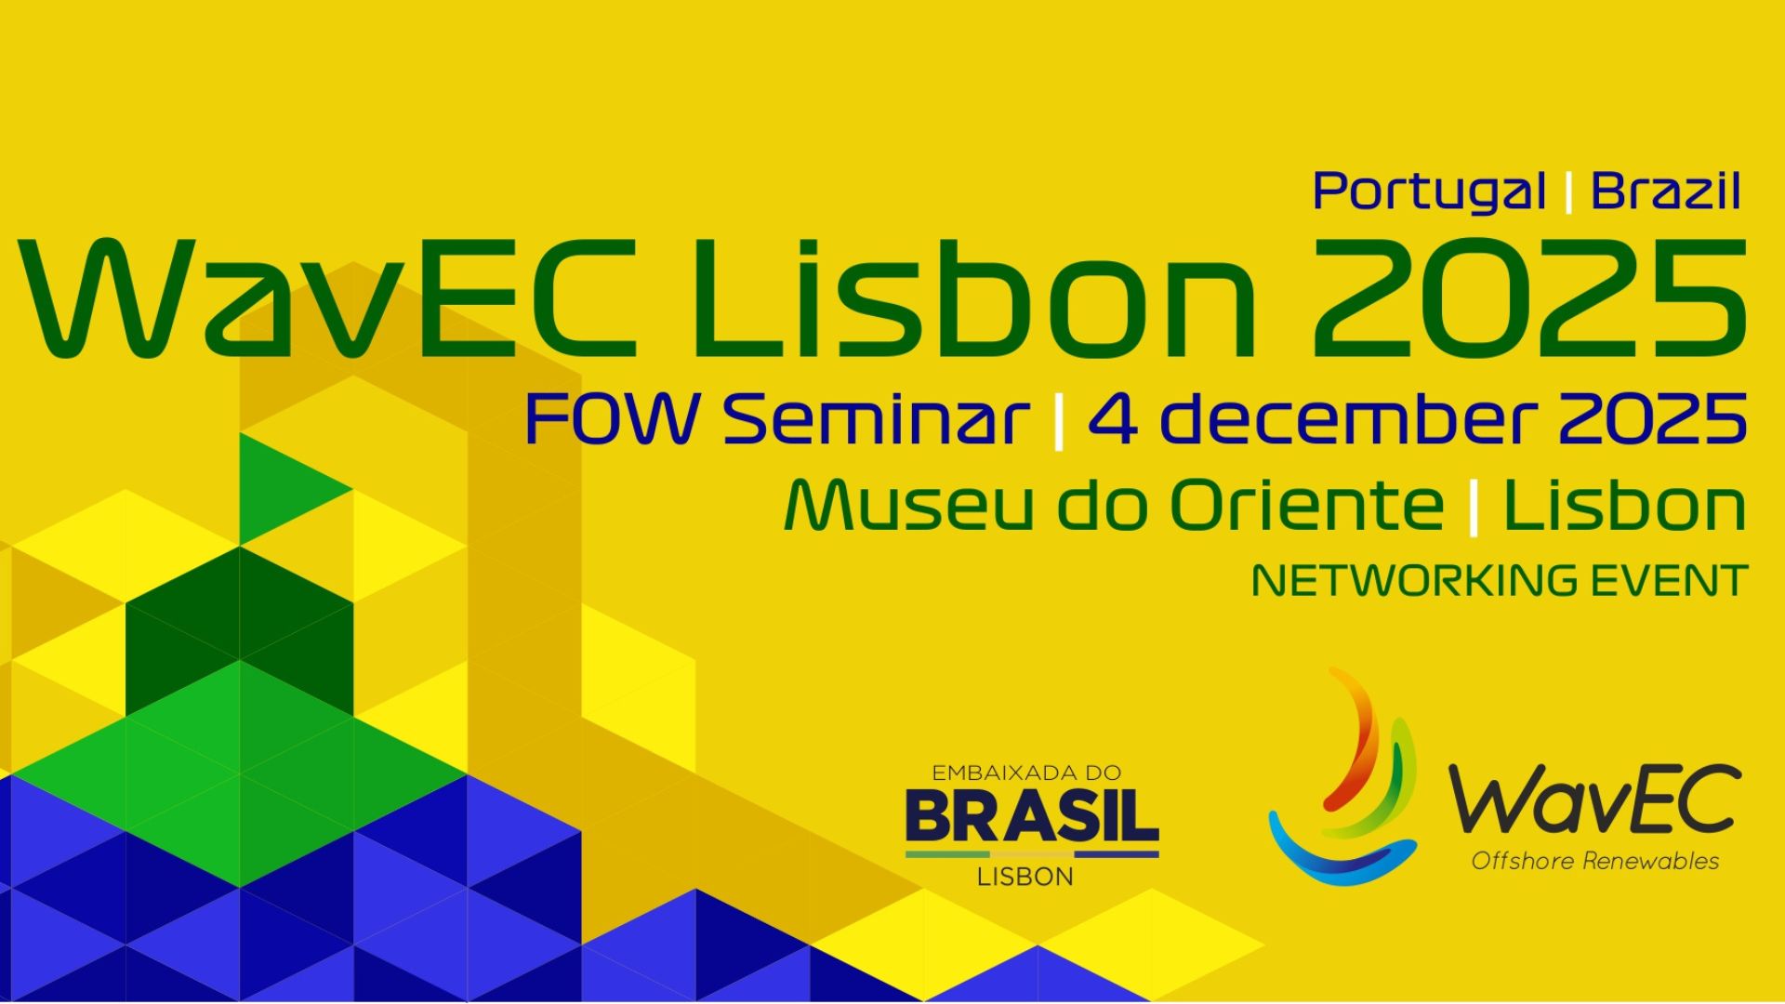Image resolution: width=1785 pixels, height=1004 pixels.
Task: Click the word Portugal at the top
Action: [1429, 192]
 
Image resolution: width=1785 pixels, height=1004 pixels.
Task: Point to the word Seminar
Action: [877, 419]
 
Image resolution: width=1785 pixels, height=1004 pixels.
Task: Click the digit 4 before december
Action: [1113, 420]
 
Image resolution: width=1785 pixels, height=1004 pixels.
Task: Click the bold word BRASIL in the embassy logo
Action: [1032, 816]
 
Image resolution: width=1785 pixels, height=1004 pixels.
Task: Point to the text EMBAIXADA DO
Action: [1026, 773]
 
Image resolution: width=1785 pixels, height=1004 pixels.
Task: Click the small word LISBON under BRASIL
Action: [1025, 877]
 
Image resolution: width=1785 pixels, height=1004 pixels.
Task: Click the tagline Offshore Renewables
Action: [1594, 862]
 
